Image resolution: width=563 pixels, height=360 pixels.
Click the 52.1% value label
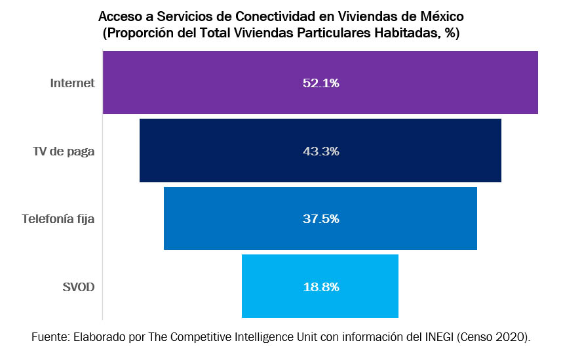coord(320,83)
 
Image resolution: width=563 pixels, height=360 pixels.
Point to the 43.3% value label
coord(320,151)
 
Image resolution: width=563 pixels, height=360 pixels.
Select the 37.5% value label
coord(320,219)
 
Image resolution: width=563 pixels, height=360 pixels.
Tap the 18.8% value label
coord(320,287)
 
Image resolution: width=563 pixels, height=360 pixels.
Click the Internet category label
coord(73,83)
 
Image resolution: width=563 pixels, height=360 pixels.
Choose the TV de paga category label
coord(64,151)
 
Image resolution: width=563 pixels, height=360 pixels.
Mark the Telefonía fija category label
coord(58,219)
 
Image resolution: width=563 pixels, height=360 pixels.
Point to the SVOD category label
coord(79,287)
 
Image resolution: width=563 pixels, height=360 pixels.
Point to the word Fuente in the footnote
coord(49,337)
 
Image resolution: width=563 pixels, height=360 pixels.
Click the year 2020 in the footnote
coord(511,337)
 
